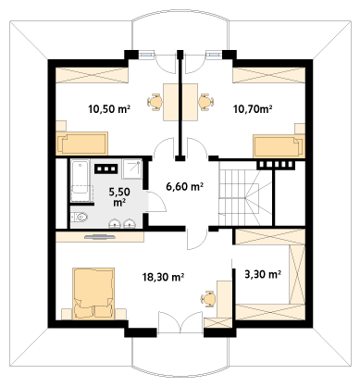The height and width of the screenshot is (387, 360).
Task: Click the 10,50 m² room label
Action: [109, 109]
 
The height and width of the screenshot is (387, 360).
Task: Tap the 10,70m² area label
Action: [253, 109]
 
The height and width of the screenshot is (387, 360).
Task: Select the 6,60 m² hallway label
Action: [184, 186]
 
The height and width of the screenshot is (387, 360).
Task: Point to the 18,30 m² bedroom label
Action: [164, 277]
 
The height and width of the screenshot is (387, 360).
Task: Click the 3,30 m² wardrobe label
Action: [263, 274]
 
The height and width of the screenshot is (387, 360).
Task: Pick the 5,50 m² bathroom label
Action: [119, 197]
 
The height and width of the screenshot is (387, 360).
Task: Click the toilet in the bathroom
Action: [80, 217]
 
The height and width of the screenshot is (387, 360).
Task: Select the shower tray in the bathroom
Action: [131, 169]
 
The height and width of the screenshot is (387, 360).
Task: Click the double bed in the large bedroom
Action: [93, 293]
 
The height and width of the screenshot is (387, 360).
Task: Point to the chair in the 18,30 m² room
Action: [207, 298]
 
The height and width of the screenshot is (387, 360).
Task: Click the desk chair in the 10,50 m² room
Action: [155, 102]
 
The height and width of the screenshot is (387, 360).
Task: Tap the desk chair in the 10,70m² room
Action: [206, 102]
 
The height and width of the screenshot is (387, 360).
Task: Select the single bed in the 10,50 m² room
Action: [81, 144]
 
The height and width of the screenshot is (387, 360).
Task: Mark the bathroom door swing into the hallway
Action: [155, 202]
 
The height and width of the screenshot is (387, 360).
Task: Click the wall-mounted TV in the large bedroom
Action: [100, 237]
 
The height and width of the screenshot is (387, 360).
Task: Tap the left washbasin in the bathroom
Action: [115, 223]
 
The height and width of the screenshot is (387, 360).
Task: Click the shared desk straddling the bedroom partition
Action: [180, 102]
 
